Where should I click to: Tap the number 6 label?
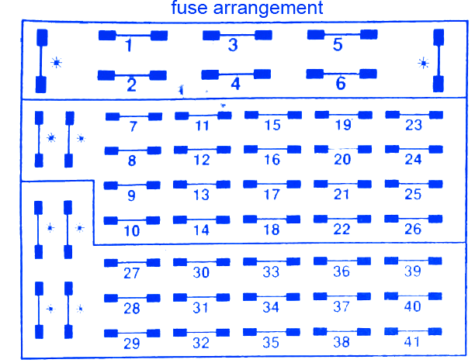[340, 84]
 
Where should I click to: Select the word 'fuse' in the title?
[190, 9]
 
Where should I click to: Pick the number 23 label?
[414, 126]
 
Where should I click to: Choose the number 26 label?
[414, 230]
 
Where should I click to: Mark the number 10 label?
[131, 230]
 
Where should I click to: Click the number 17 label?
[272, 195]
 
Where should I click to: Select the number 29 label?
[131, 344]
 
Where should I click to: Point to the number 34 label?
[271, 307]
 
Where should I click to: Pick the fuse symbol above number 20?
[342, 149]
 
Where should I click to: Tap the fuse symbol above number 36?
[342, 261]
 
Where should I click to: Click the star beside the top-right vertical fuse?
[423, 62]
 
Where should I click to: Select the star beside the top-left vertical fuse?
[55, 62]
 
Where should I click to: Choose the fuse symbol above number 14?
[202, 220]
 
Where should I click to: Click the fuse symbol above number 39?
[414, 261]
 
